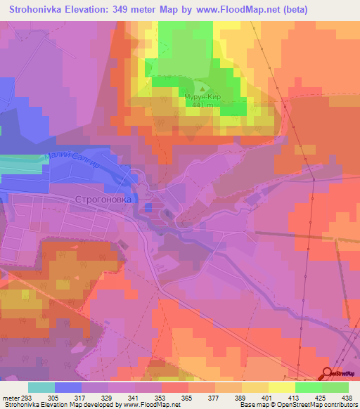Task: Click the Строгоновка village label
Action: click(103, 200)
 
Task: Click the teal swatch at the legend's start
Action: click(41, 387)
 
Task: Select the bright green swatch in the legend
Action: click(309, 387)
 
